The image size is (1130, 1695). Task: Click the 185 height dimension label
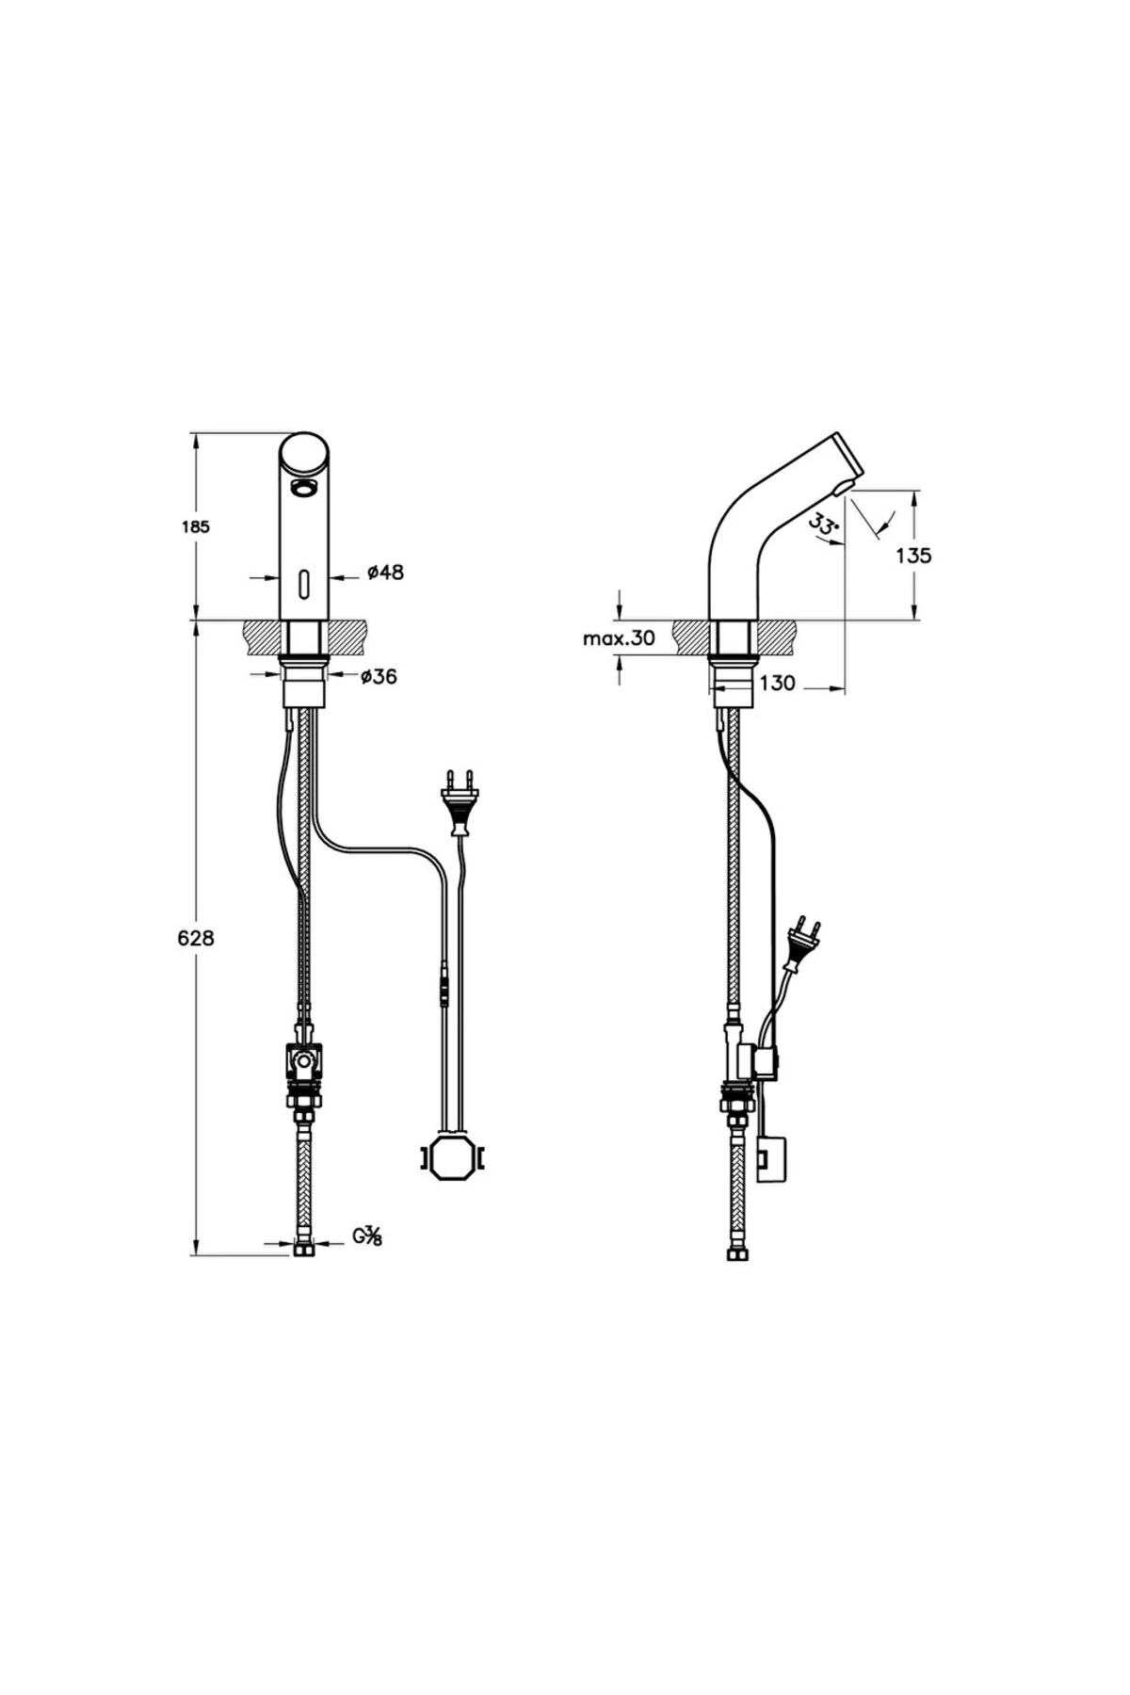pyautogui.click(x=195, y=526)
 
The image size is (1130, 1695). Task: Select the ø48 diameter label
pyautogui.click(x=385, y=572)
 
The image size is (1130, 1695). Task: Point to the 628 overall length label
pyautogui.click(x=197, y=938)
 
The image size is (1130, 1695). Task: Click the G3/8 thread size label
pyautogui.click(x=367, y=1235)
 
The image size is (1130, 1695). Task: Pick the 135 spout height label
pyautogui.click(x=912, y=556)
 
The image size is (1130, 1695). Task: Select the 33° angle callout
pyautogui.click(x=824, y=525)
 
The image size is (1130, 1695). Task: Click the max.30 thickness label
pyautogui.click(x=618, y=638)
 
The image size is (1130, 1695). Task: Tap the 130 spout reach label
pyautogui.click(x=777, y=684)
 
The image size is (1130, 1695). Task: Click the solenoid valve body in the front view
pyautogui.click(x=303, y=1062)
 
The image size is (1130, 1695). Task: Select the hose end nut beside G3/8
pyautogui.click(x=303, y=1250)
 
